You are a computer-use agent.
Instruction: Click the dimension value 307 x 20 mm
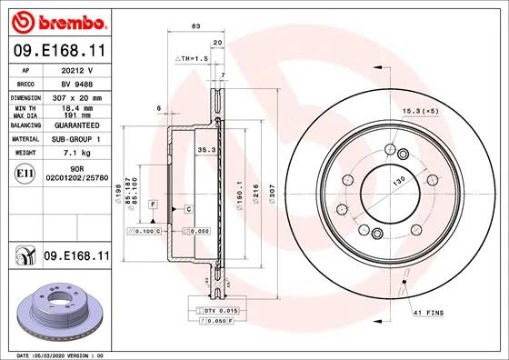pos(75,96)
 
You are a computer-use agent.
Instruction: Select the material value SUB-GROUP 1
pos(75,139)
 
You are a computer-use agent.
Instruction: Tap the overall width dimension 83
pos(195,26)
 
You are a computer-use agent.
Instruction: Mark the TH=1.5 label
pos(193,57)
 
